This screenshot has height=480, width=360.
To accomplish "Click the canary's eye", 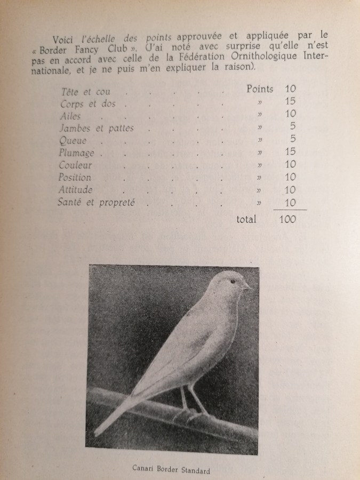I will click(233, 281).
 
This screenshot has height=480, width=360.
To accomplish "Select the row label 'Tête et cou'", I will click(86, 92).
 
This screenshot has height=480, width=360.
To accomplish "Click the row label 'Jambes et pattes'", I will click(98, 128).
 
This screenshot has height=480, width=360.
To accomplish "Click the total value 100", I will click(287, 219).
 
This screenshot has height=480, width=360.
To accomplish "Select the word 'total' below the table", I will click(244, 219).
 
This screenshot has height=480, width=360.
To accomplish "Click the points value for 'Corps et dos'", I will click(290, 101).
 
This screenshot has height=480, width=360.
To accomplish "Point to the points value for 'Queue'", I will click(292, 139).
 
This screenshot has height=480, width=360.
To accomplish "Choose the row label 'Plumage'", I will click(77, 153).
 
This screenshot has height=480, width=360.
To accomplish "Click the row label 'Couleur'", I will click(76, 165).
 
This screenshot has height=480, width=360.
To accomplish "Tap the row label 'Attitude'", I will click(77, 190).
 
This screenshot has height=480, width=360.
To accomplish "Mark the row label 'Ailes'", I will click(71, 116).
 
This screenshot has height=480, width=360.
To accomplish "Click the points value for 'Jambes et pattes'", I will click(292, 126).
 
